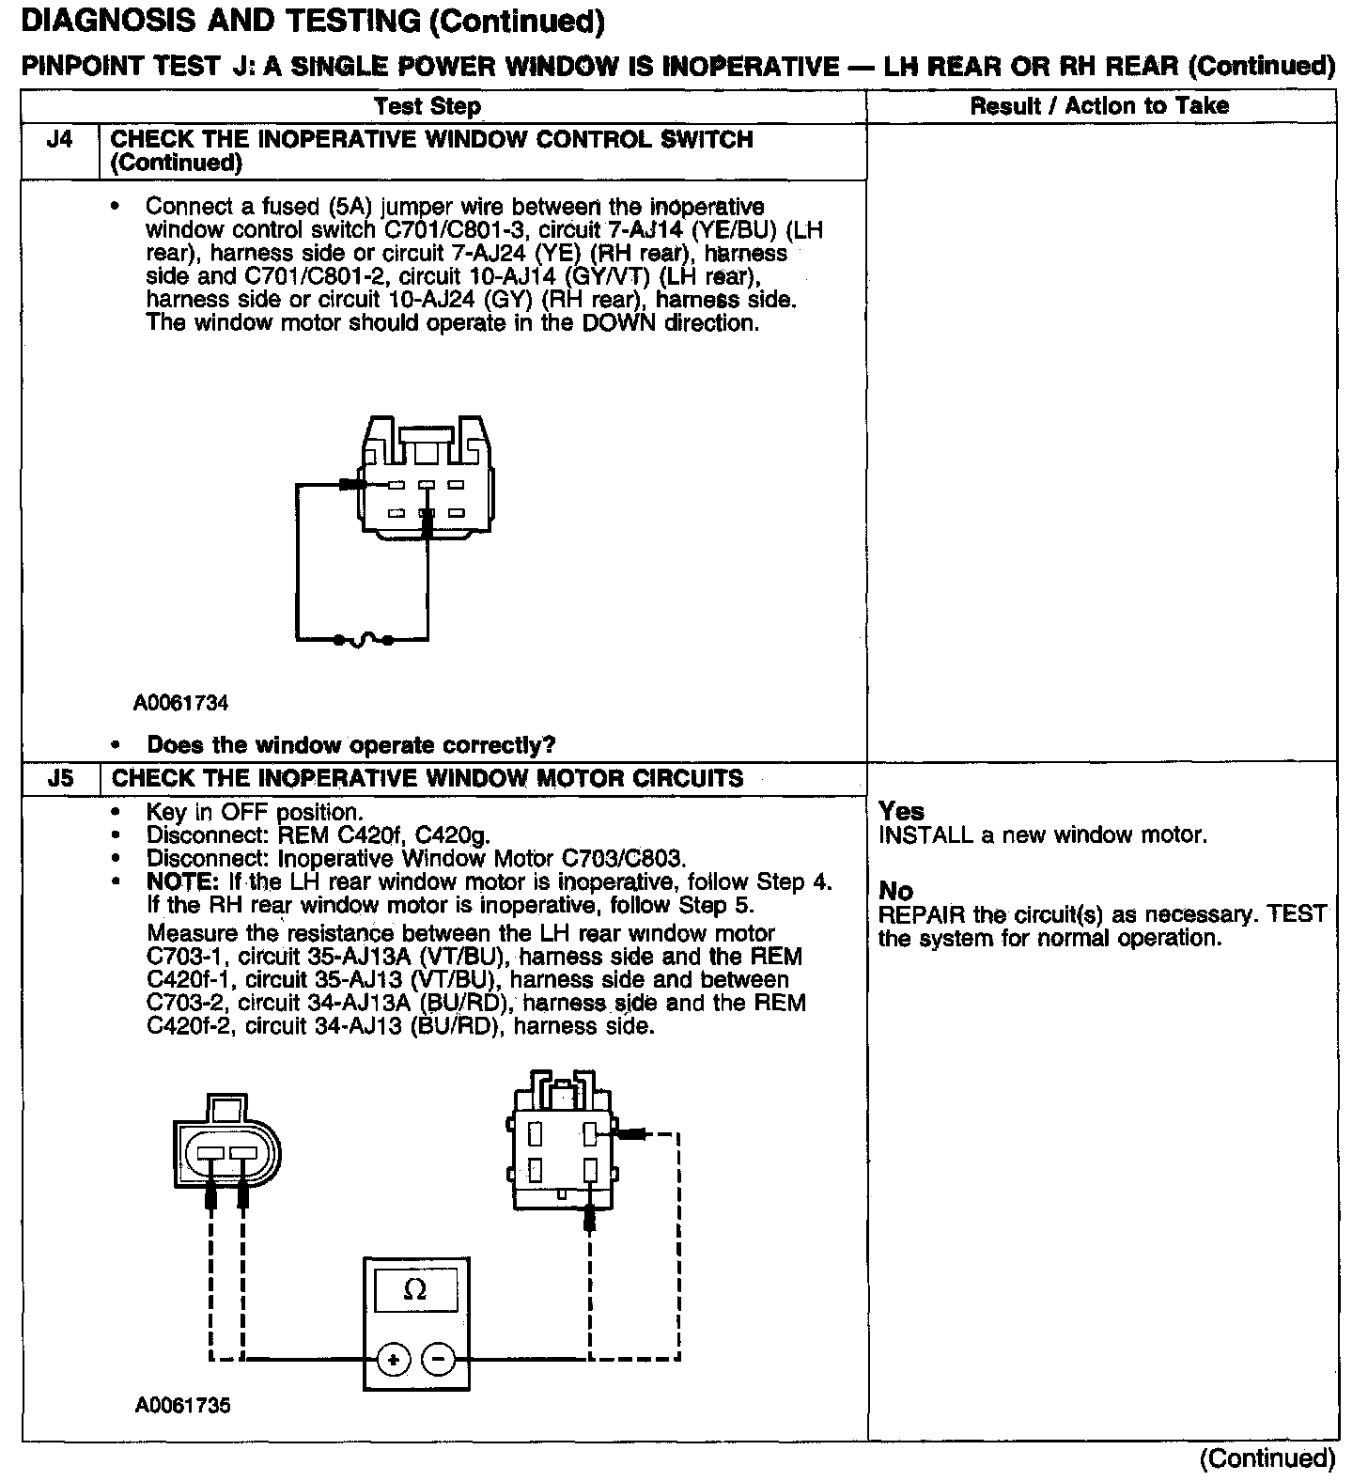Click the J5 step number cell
pos(58,778)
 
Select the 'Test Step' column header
pos(427,106)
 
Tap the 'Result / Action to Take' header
pos(1098,105)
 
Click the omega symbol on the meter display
pos(414,1290)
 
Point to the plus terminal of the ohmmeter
pos(394,1359)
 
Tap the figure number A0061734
pos(180,703)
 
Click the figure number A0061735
pos(182,1406)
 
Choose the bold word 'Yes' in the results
pos(901,811)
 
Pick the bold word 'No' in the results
pos(895,890)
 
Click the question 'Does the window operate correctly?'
pos(350,745)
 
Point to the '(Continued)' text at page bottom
pos(1267,1458)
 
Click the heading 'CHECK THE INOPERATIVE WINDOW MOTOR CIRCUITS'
pos(427,778)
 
